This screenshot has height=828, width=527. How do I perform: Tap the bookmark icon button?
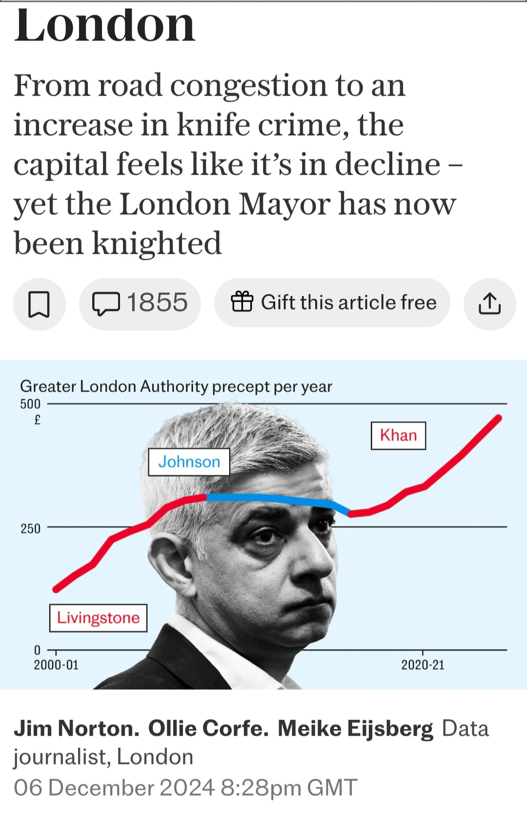(39, 304)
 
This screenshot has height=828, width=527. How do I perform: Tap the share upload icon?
(489, 304)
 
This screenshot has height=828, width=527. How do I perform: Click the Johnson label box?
(189, 462)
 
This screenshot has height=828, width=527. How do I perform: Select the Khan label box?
(398, 435)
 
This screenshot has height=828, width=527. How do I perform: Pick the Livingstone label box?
(98, 618)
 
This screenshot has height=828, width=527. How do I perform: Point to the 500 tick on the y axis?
(30, 404)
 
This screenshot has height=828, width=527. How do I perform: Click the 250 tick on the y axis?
(30, 529)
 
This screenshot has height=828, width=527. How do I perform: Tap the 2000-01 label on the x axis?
(56, 665)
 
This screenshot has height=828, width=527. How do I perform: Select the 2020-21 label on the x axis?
(423, 665)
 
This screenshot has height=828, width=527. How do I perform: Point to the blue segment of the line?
(277, 498)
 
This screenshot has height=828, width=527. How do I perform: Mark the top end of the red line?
(499, 418)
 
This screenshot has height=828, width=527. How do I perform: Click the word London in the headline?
(104, 25)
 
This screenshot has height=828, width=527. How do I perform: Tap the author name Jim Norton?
(77, 728)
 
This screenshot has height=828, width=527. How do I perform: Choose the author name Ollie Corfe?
(208, 728)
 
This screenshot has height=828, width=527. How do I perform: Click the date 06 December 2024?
(114, 787)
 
